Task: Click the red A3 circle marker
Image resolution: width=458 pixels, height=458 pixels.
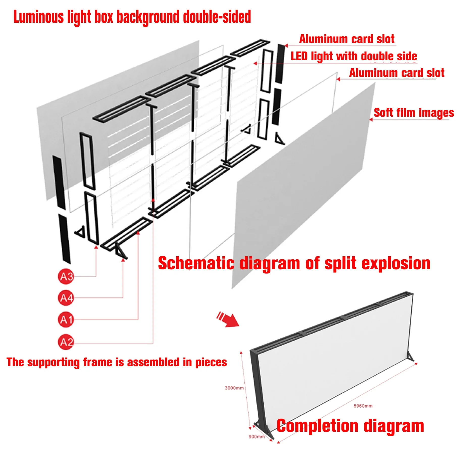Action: [x=66, y=276]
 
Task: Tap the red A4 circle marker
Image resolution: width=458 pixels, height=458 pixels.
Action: [x=66, y=298]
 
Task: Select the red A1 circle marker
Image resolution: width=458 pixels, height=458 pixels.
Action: [x=66, y=320]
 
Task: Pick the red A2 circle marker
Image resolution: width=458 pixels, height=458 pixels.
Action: [x=66, y=342]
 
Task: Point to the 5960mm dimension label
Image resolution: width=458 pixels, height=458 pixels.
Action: [x=363, y=406]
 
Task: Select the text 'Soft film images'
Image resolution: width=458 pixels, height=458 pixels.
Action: [x=414, y=113]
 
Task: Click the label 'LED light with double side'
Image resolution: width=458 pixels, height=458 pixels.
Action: [x=354, y=56]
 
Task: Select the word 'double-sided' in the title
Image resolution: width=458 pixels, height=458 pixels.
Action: [x=217, y=17]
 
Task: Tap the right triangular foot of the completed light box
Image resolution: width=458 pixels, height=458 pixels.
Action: [x=411, y=357]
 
